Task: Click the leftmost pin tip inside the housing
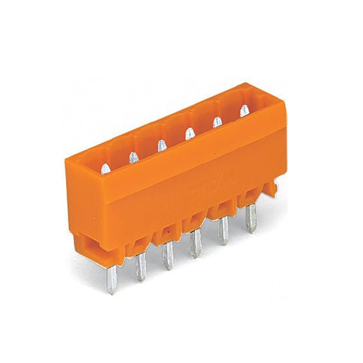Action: [x=105, y=169]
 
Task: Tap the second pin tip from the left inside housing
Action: [x=133, y=157]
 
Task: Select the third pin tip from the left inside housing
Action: [x=161, y=145]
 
